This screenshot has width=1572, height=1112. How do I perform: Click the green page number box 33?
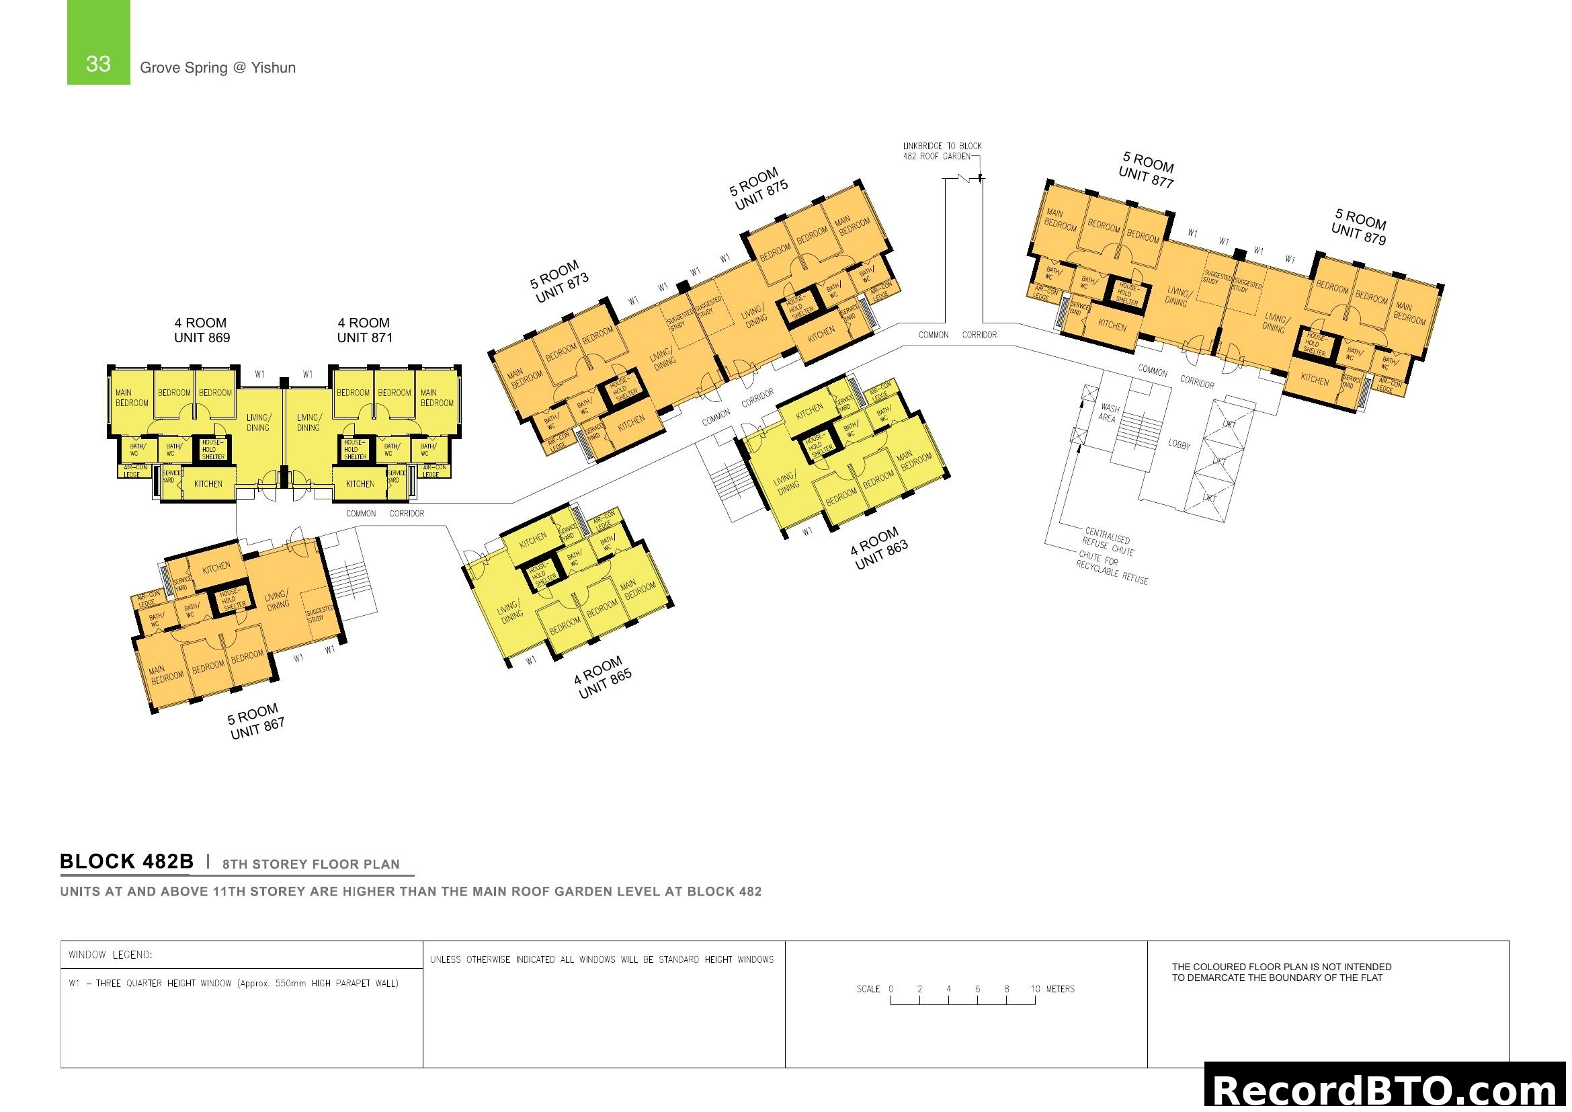pos(98,42)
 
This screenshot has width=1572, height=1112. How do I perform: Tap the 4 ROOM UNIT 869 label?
pos(202,330)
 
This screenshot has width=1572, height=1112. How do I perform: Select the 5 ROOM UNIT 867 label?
pos(255,721)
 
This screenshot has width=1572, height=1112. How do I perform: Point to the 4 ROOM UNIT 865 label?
pos(602,677)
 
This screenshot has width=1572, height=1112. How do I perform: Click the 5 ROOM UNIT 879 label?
pos(1360,227)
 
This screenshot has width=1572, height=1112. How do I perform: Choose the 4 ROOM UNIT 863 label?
pos(878,549)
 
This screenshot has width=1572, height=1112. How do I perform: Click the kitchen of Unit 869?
pos(208,484)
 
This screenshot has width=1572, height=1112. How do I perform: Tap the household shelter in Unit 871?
pos(354,450)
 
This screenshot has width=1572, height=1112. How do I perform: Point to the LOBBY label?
pos(1179,445)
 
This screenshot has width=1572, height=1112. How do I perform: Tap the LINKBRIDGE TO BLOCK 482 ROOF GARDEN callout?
pos(942,151)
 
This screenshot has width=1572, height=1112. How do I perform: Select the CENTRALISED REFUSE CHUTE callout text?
pos(1107,541)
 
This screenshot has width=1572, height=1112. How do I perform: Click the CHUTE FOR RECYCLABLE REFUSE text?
pos(1111,568)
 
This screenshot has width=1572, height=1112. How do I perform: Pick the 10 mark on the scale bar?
pos(1035,990)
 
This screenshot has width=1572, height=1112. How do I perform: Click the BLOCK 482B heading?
pos(126,861)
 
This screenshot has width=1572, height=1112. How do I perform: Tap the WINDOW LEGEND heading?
pos(110,955)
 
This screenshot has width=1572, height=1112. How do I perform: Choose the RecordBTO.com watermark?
pos(1387,1090)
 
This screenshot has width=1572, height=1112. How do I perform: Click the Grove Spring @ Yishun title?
pos(218,68)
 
